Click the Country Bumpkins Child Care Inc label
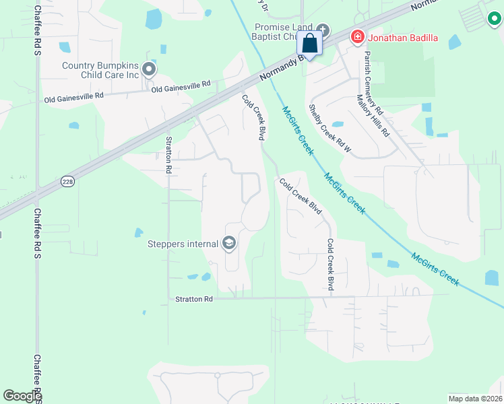click(100, 70)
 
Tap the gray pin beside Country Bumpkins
click(150, 69)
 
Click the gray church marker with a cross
click(323, 30)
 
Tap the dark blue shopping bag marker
click(310, 44)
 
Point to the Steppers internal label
click(184, 244)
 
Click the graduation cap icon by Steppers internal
click(229, 243)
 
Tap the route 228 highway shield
click(67, 182)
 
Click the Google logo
click(22, 396)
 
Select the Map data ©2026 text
click(475, 398)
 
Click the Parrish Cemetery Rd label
click(373, 83)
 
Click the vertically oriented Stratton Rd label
click(169, 155)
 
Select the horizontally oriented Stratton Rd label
click(194, 298)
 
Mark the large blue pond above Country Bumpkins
click(154, 20)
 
